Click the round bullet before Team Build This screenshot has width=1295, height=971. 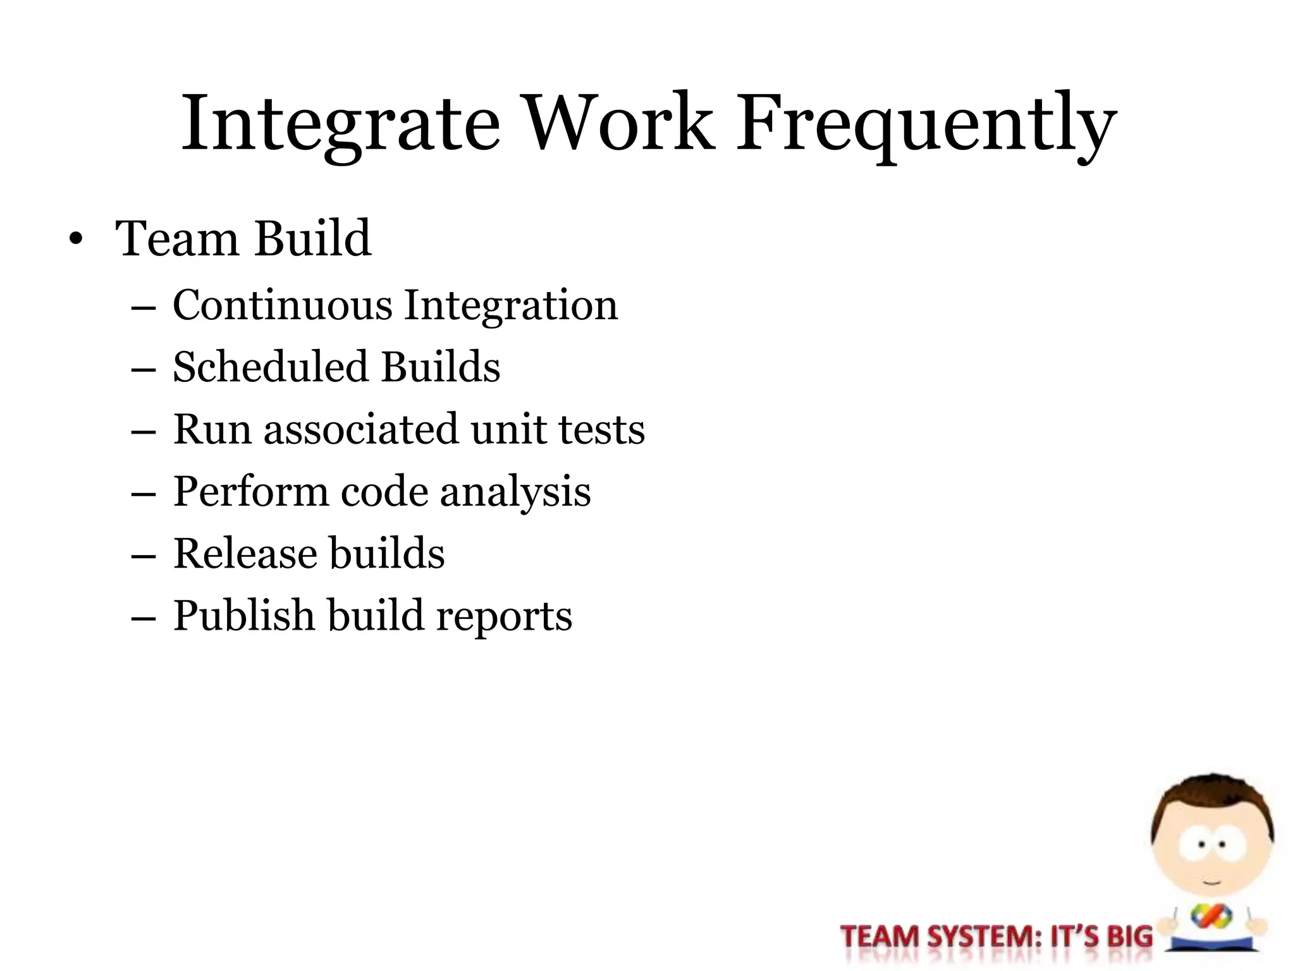[x=76, y=240]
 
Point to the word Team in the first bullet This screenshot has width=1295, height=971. [x=176, y=238]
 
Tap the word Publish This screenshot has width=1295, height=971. [x=243, y=616]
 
